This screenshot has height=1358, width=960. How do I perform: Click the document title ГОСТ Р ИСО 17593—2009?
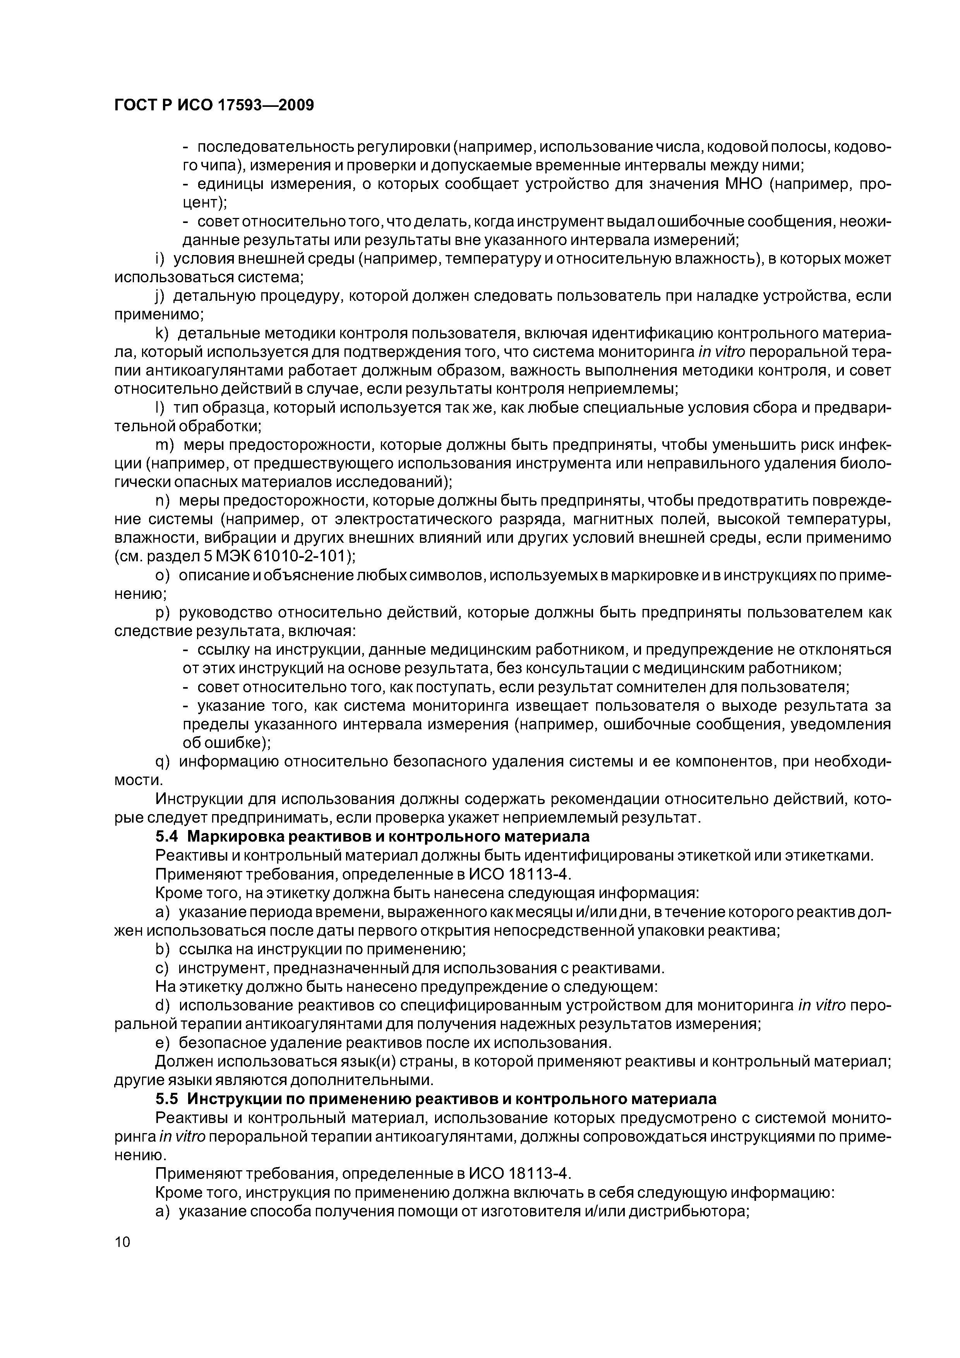[214, 105]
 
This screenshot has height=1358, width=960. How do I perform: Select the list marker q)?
[161, 762]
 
